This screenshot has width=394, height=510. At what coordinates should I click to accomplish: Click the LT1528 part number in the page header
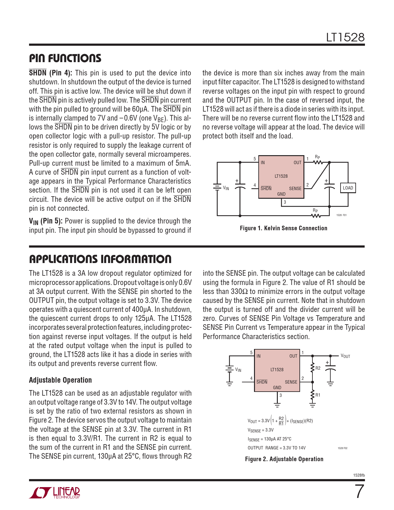[x=345, y=37]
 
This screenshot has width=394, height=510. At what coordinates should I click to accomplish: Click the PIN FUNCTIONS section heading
[x=65, y=58]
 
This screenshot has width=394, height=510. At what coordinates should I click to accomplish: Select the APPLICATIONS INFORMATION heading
[x=100, y=259]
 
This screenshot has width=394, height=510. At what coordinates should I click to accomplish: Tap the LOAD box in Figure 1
[x=348, y=188]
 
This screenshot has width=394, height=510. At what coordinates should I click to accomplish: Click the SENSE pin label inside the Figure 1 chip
[x=295, y=189]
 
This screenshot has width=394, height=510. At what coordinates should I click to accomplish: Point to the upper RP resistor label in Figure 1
[x=317, y=157]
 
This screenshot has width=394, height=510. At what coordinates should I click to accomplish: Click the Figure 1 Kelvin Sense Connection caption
[x=283, y=228]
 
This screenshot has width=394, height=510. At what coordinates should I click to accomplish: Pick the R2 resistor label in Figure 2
[x=318, y=368]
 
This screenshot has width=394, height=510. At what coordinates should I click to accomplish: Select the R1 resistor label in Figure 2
[x=318, y=395]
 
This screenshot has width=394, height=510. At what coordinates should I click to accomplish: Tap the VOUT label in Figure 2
[x=345, y=356]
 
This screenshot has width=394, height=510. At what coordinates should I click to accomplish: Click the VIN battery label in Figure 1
[x=226, y=188]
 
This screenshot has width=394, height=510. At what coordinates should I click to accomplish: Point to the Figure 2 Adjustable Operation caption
[x=284, y=459]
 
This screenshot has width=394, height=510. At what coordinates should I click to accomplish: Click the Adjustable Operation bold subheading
[x=60, y=380]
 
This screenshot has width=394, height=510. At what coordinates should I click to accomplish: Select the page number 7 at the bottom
[x=359, y=492]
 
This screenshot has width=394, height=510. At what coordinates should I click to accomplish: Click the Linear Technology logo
[x=55, y=493]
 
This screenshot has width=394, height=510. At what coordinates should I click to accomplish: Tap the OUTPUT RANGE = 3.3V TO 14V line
[x=277, y=448]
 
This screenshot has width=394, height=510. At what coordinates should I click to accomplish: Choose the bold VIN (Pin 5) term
[x=46, y=221]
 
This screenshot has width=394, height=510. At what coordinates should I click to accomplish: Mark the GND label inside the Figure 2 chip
[x=277, y=388]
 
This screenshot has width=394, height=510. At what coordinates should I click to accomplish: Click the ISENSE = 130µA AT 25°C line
[x=269, y=439]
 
